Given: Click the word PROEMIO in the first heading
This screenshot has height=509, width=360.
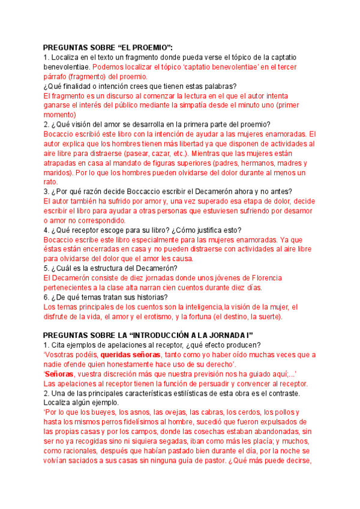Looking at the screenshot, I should click(146, 47).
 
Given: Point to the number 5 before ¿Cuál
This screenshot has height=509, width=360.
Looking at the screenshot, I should click(46, 268).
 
